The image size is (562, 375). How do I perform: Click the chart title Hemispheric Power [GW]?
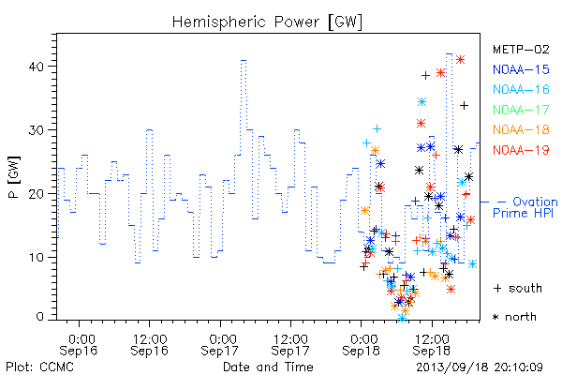(267, 22)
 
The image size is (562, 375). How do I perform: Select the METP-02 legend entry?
(521, 49)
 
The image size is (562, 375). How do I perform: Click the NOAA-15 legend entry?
(521, 69)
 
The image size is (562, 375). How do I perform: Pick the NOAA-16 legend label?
(521, 89)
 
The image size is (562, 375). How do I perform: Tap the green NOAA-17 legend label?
(521, 110)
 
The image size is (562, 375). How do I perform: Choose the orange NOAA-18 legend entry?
(521, 129)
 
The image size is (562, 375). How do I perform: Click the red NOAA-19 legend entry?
(521, 150)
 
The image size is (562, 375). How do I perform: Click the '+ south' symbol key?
(518, 288)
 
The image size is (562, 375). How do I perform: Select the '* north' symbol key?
(514, 317)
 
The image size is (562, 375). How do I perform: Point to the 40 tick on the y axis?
(36, 67)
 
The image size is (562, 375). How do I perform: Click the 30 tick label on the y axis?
(36, 130)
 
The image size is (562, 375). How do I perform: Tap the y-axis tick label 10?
(36, 257)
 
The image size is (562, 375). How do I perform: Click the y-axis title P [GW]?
(14, 177)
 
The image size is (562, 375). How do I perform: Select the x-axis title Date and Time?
(268, 367)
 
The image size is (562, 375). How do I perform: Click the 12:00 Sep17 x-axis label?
(290, 345)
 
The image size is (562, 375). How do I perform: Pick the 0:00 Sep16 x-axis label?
(79, 345)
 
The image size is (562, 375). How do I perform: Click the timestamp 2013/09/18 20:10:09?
(480, 367)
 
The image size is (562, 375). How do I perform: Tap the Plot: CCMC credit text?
(39, 367)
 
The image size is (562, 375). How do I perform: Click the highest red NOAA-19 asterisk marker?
(461, 60)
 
